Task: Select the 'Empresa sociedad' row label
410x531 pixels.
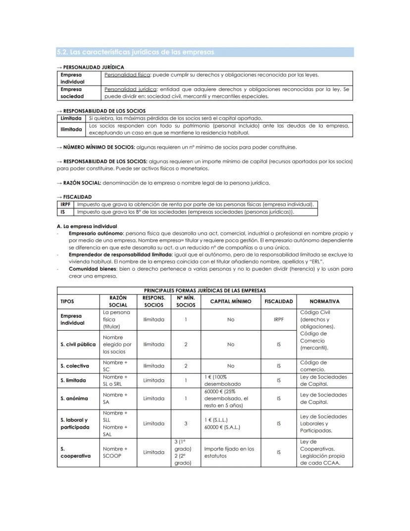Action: click(72, 93)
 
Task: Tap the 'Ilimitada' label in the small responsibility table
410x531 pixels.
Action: click(71, 129)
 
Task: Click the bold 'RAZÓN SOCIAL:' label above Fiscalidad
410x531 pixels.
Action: click(82, 183)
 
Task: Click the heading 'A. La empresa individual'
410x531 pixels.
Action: click(87, 226)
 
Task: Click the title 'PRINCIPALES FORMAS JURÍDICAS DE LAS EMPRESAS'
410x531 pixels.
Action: click(205, 291)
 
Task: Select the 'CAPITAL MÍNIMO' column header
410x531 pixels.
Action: click(230, 301)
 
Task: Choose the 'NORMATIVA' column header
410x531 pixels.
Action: click(324, 301)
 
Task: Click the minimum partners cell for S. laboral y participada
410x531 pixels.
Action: click(186, 423)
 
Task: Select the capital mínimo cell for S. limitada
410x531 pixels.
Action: click(230, 380)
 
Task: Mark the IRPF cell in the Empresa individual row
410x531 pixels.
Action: click(279, 320)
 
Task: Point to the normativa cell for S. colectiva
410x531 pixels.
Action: click(324, 366)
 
